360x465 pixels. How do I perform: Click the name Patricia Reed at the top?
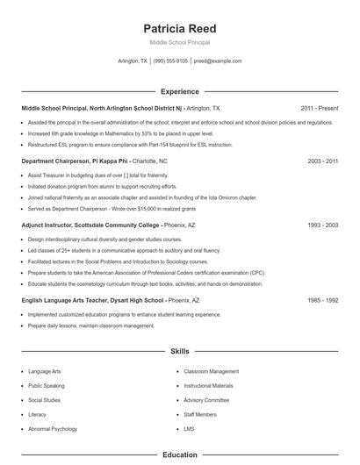[179, 28]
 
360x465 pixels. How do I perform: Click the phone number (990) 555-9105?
[169, 61]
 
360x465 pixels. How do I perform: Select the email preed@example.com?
[217, 61]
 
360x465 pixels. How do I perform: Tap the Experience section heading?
[179, 91]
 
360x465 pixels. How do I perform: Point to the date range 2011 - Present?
[319, 108]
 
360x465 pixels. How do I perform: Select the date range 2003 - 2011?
[323, 161]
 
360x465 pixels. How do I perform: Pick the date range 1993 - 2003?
[323, 225]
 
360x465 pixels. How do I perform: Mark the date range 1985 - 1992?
[323, 300]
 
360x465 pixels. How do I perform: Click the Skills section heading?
[179, 351]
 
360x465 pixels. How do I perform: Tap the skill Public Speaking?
[46, 385]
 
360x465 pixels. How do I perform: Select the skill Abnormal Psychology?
[52, 428]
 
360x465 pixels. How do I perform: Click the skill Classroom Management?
[211, 371]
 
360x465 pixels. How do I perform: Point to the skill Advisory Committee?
[206, 400]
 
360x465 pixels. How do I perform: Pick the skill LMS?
[189, 428]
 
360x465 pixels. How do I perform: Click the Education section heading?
[179, 455]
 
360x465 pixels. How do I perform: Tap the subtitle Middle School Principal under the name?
[179, 42]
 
